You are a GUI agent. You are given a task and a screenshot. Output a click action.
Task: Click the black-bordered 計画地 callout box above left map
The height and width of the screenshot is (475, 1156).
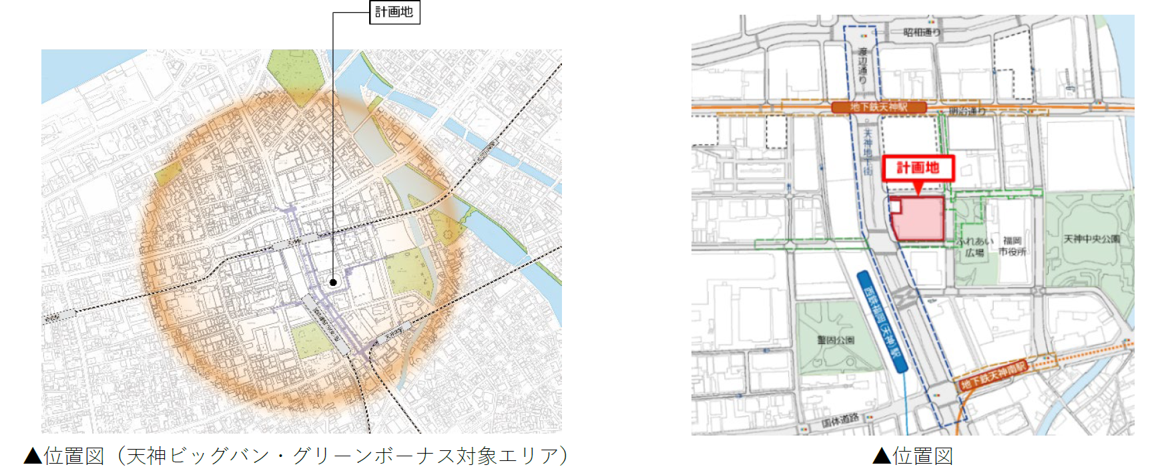click(394, 13)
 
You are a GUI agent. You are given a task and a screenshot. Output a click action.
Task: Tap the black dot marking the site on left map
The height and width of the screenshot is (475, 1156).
click(333, 283)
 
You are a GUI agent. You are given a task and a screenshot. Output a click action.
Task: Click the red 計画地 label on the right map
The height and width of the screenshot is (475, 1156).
click(918, 168)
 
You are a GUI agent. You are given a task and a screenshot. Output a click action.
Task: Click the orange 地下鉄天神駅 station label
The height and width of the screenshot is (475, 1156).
click(878, 107)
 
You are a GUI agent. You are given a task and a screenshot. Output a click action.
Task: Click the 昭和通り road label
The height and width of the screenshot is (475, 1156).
click(922, 32)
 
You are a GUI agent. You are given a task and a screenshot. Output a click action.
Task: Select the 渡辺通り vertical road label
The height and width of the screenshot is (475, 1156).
click(862, 65)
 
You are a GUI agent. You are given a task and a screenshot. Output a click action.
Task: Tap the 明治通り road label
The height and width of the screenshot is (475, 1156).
click(966, 111)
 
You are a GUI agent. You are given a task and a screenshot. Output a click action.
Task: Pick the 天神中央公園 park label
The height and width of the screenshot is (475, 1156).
click(1091, 239)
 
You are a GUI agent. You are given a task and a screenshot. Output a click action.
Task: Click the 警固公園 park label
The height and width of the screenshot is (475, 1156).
click(836, 340)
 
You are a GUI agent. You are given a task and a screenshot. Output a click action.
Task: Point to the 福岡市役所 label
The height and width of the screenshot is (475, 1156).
click(1012, 246)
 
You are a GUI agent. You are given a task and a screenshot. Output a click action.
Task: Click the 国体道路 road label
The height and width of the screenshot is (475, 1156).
click(840, 420)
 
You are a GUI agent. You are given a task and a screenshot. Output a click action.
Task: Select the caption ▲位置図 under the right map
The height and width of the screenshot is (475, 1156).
click(912, 456)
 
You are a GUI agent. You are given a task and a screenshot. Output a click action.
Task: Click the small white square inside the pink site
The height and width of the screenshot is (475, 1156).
click(895, 206)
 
